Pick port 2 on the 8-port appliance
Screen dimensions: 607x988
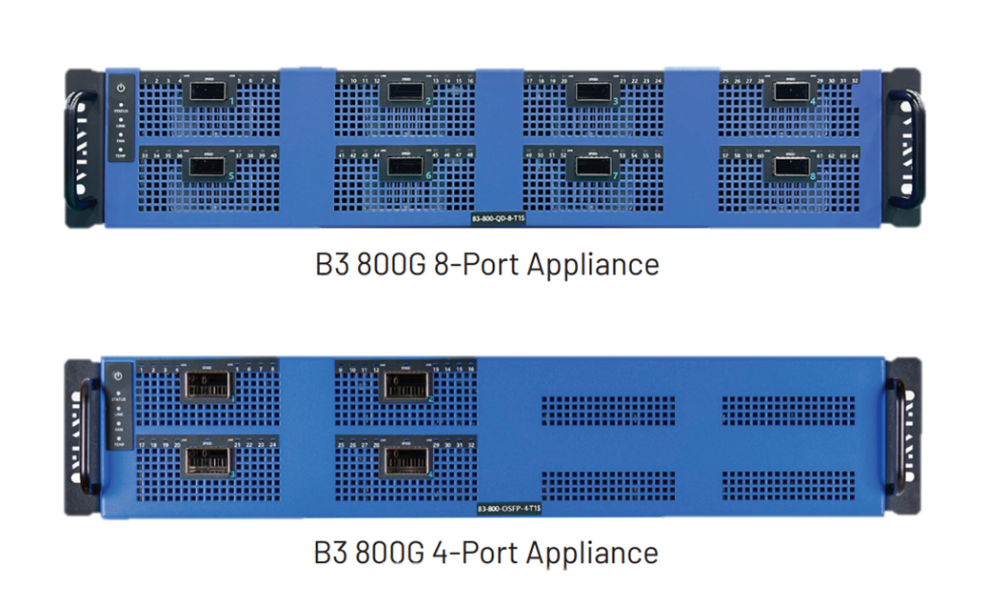point(405,92)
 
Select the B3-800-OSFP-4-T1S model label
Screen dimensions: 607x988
point(514,509)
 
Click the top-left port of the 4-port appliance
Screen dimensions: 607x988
point(208,386)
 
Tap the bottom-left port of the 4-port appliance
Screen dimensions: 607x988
point(208,460)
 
